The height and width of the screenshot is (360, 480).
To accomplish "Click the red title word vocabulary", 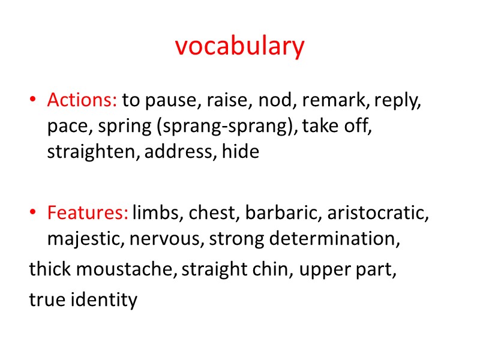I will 240,47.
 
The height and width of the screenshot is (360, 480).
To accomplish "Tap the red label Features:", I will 88,212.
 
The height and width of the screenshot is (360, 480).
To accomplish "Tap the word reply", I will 397,101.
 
